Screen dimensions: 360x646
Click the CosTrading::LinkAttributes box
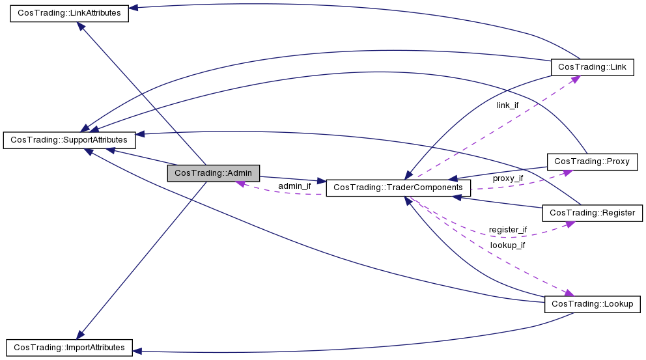(x=69, y=14)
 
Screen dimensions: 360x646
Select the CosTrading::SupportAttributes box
(x=70, y=140)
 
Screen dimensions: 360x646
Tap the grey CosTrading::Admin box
(x=214, y=173)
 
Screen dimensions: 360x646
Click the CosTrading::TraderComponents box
(x=397, y=187)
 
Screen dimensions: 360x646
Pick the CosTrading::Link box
(x=592, y=67)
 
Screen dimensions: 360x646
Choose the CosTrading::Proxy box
(x=593, y=161)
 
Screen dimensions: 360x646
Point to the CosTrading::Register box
(x=593, y=213)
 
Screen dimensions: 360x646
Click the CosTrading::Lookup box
(x=592, y=304)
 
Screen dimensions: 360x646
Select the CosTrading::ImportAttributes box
(x=69, y=347)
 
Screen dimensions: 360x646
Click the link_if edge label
(x=507, y=105)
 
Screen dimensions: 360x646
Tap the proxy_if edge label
(x=508, y=178)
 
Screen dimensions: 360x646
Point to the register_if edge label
(x=508, y=230)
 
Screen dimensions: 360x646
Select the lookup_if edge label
(x=507, y=245)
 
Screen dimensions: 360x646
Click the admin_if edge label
(x=294, y=186)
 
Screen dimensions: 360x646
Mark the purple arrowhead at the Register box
(x=570, y=224)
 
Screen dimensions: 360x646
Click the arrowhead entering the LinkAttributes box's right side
(x=133, y=8)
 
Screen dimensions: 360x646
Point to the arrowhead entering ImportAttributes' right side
(x=137, y=351)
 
